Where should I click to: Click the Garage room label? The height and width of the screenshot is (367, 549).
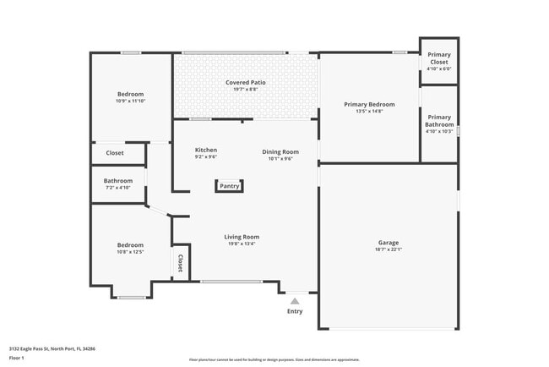pos(389,243)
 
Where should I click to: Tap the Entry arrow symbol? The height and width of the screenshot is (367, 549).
pos(295,300)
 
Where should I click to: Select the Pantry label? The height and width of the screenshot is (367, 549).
pos(230,186)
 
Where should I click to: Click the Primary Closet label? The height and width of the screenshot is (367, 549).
pos(439,58)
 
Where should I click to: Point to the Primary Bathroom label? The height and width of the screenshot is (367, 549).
pos(439,121)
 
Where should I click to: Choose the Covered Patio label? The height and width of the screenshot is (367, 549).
pos(246,83)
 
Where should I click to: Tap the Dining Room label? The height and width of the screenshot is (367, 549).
pos(280,151)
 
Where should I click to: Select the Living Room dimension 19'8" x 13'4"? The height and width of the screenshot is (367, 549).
pos(241,244)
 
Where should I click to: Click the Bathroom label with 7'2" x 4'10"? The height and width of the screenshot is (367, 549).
pos(118,180)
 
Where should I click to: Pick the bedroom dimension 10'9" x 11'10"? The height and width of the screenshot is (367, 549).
pos(130,101)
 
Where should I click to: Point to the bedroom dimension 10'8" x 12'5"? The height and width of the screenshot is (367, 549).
pos(130,252)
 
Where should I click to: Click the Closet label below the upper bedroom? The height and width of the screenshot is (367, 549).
pos(114,153)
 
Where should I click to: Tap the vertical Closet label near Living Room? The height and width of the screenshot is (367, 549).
pos(180,263)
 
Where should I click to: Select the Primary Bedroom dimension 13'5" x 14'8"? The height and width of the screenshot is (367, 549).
pos(369,111)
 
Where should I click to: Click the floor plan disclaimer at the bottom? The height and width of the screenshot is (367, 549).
pos(274,359)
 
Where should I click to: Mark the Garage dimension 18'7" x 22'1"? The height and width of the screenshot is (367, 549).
pos(389,249)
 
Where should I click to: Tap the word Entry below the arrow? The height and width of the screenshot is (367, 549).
pos(295,311)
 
